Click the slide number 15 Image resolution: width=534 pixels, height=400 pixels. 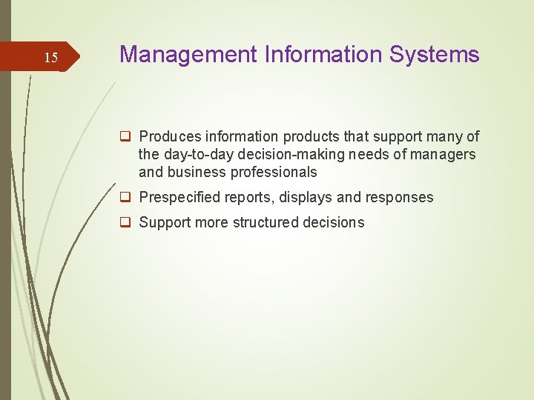[50, 58]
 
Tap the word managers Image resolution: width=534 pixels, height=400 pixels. [446, 154]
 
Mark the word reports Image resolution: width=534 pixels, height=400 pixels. [251, 197]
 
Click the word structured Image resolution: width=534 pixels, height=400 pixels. [264, 222]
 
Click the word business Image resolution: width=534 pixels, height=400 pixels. [191, 172]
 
